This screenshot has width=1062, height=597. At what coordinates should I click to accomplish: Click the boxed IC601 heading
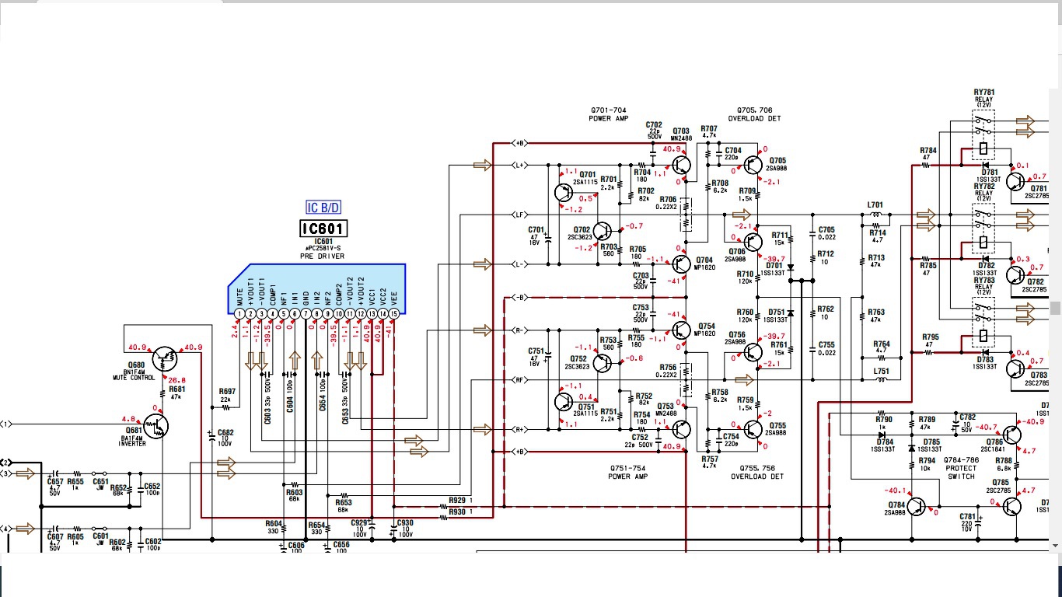coord(323,229)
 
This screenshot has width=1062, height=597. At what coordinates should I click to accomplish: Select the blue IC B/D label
coord(323,208)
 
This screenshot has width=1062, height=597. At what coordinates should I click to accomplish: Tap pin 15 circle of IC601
coord(394,313)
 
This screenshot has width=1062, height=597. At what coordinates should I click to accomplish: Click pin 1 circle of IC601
coord(239,313)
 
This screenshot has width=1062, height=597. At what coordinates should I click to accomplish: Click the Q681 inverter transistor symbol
coord(155,425)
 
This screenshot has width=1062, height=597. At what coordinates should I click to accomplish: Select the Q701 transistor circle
coord(565,192)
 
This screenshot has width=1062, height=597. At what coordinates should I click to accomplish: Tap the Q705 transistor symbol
coord(753,165)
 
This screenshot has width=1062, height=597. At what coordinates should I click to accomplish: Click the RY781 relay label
coord(984,93)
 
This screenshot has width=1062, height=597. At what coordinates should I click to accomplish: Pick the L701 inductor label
coord(875,204)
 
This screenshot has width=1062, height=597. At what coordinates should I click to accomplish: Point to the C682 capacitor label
coord(225,432)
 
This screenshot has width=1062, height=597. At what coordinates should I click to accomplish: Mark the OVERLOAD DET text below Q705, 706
coord(755,119)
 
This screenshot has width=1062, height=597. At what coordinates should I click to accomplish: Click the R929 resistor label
coord(457,501)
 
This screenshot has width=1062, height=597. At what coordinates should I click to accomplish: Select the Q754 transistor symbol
coord(681,329)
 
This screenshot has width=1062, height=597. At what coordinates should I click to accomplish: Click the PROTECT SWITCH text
coord(961,472)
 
